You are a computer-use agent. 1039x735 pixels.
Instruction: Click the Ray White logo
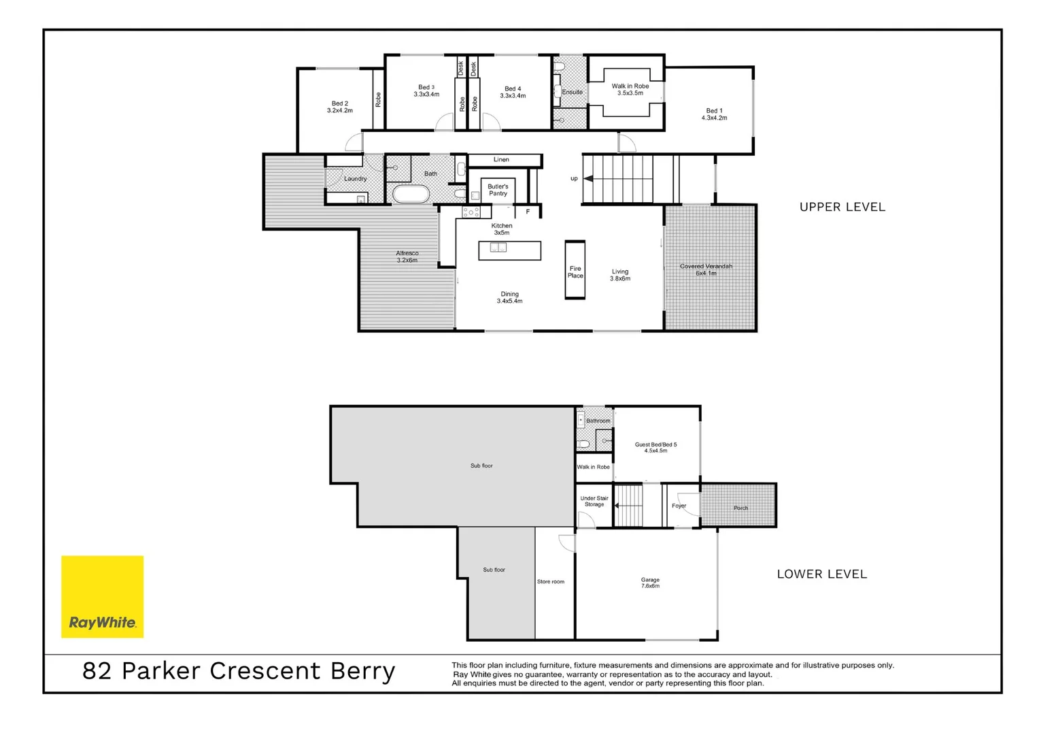click(x=102, y=597)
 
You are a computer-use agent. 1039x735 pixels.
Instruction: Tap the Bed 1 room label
click(x=714, y=114)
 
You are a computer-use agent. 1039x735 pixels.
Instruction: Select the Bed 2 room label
click(x=339, y=107)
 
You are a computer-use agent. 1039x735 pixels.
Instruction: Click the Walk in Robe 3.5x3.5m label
click(x=630, y=89)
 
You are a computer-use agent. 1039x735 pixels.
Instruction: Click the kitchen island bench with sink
click(x=509, y=250)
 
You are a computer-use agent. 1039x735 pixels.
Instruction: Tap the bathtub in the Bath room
click(x=411, y=195)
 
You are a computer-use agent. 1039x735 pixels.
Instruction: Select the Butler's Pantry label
click(x=498, y=190)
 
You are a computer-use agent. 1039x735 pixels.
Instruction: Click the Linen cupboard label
click(x=501, y=160)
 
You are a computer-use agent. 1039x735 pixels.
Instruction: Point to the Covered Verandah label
click(x=706, y=269)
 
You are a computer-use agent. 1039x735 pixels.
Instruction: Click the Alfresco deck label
click(x=407, y=257)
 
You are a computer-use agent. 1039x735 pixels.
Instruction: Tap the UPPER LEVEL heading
click(x=842, y=207)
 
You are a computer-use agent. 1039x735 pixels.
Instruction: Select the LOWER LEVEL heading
click(x=821, y=574)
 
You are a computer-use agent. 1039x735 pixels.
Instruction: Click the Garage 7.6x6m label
click(x=650, y=583)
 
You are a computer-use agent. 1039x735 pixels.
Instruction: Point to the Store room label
click(x=550, y=582)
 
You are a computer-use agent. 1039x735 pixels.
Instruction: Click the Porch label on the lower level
click(x=740, y=508)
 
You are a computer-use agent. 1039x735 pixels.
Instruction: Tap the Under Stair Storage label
click(x=594, y=502)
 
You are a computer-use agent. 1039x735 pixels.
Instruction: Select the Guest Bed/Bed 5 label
click(x=655, y=447)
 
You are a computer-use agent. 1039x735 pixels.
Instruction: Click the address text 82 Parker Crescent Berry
click(x=239, y=671)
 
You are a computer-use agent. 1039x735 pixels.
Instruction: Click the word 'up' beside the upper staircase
click(x=574, y=179)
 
